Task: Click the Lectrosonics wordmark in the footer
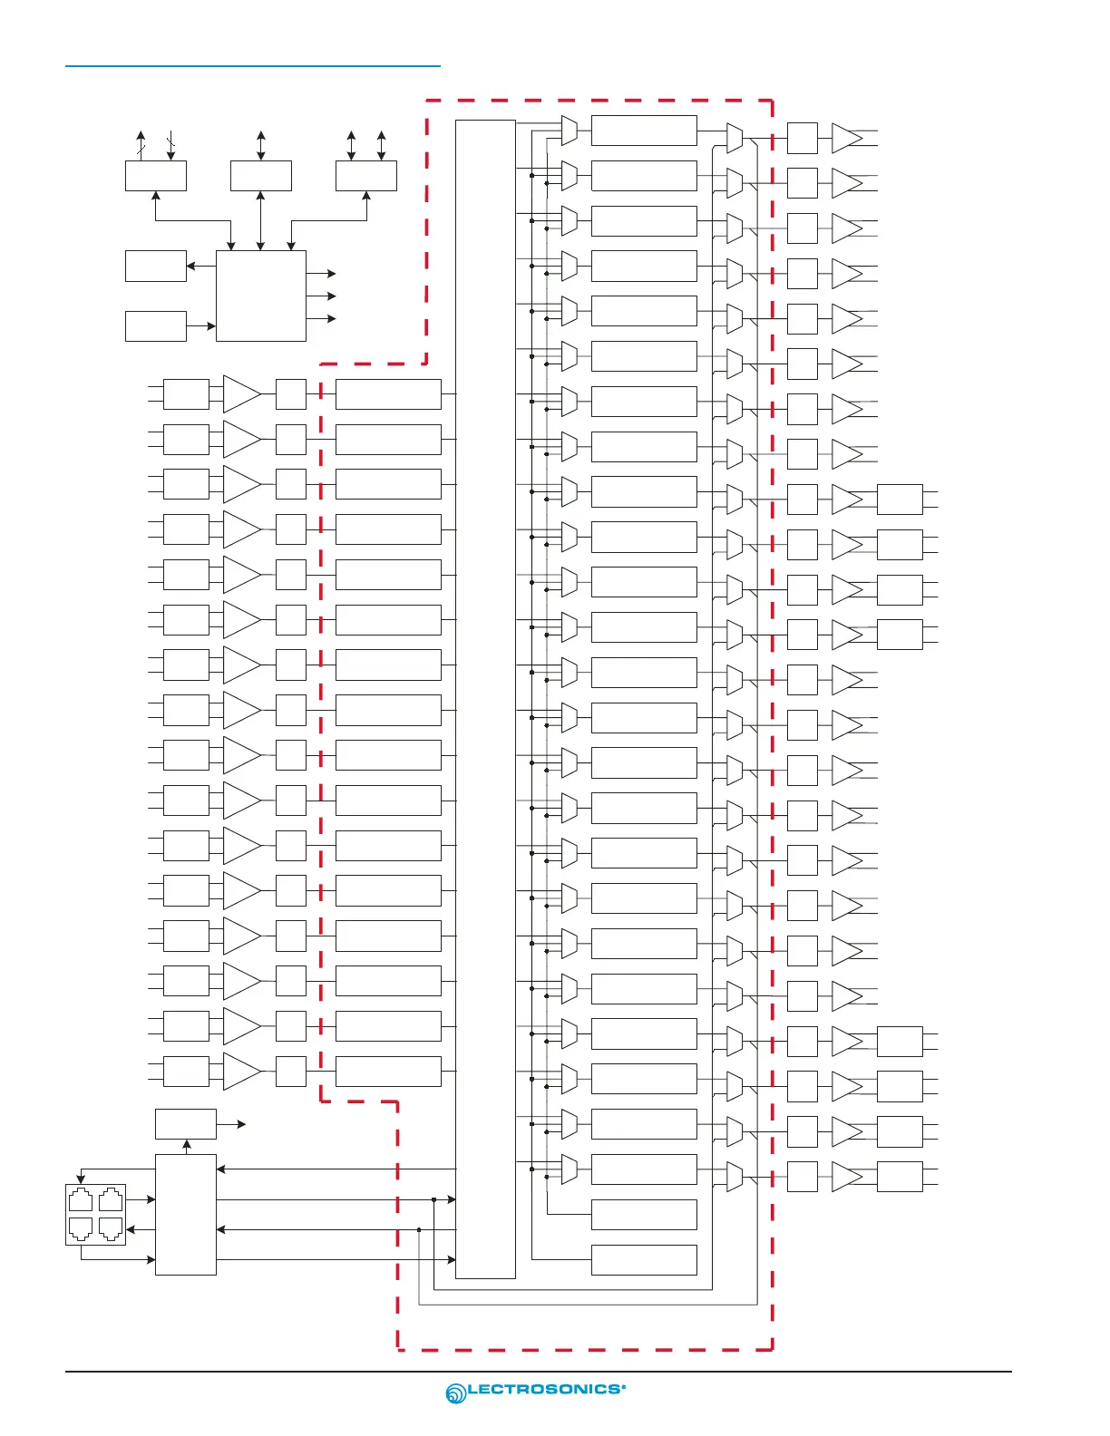click(x=546, y=1389)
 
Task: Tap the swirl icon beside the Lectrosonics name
click(x=455, y=1393)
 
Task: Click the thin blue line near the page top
click(x=252, y=66)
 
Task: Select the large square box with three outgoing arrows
click(x=261, y=296)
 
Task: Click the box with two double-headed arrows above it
click(x=366, y=176)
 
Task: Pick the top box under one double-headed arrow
click(x=261, y=176)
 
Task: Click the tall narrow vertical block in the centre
click(x=485, y=698)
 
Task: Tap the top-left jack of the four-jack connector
click(x=81, y=1200)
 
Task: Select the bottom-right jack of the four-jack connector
click(x=111, y=1229)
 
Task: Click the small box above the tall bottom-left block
click(x=186, y=1124)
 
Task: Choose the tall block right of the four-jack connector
click(x=186, y=1215)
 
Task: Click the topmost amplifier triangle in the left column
click(x=241, y=394)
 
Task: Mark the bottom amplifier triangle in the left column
click(x=241, y=1072)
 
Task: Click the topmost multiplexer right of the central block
click(x=570, y=131)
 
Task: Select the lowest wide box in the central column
click(x=644, y=1260)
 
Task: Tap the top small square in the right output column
click(x=803, y=138)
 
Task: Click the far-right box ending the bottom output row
click(x=900, y=1177)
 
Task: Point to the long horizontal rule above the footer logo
click(x=539, y=1372)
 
